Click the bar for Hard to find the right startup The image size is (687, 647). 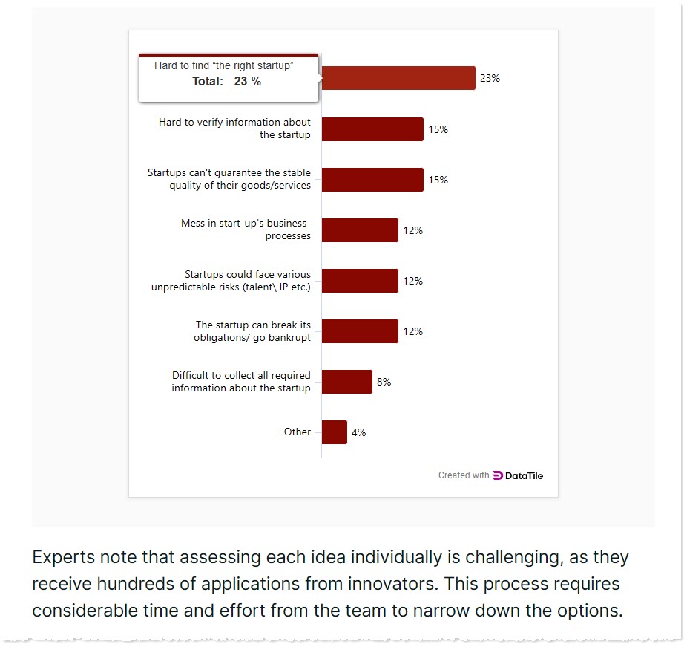point(398,78)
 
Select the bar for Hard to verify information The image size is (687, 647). point(372,129)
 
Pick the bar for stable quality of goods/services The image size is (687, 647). point(372,180)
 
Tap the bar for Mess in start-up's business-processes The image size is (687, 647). point(360,230)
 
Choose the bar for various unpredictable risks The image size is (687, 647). point(360,281)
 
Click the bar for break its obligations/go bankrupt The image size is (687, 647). point(360,331)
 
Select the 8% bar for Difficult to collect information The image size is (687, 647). point(346,382)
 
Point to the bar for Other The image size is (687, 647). point(334,432)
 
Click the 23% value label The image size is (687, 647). point(490,78)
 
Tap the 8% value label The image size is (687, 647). point(384,382)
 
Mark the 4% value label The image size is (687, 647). point(358,432)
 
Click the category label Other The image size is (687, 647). point(298,432)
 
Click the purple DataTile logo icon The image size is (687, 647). point(497,475)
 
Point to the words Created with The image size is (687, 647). point(464,475)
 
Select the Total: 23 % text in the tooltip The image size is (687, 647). point(226,82)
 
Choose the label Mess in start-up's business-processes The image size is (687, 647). point(246,230)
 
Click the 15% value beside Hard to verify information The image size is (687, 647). point(438,129)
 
